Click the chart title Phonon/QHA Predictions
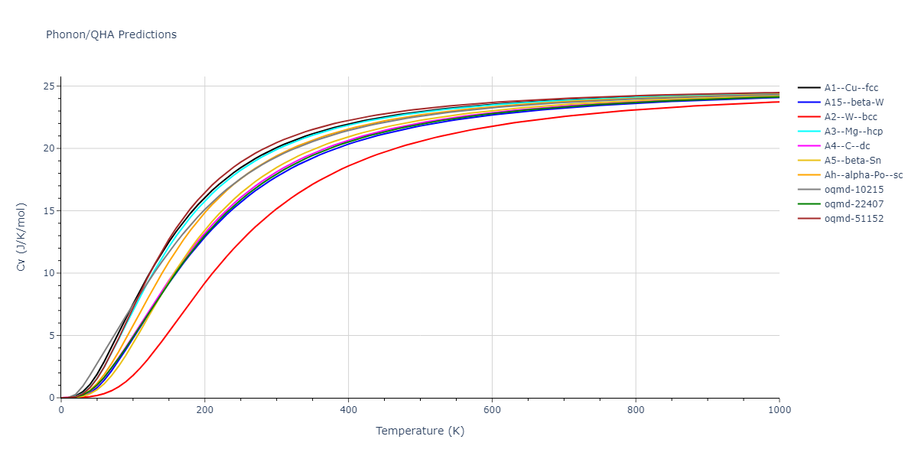coord(111,34)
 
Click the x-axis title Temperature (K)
coord(420,431)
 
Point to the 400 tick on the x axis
coord(348,410)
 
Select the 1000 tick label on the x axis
coord(779,410)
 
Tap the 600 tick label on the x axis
coord(492,410)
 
